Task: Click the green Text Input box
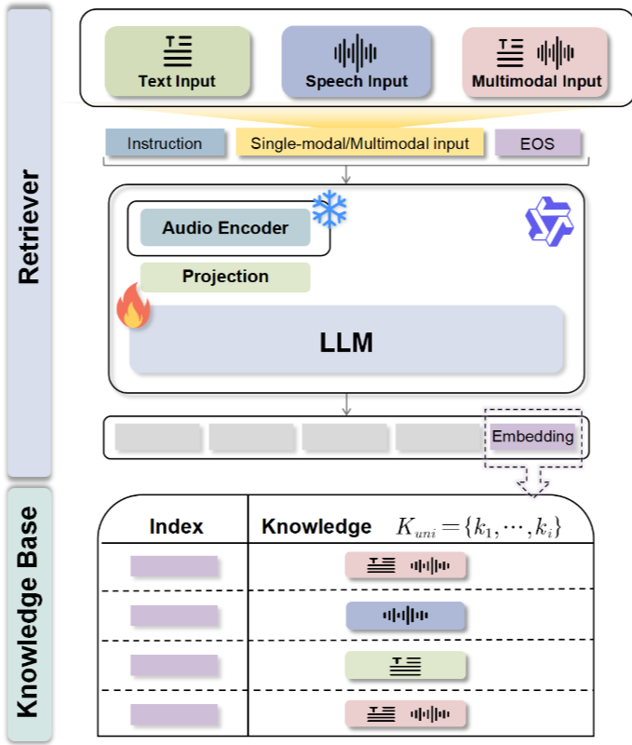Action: [177, 61]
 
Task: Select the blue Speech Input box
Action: [356, 61]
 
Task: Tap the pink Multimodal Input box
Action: [535, 62]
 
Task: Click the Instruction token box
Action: [165, 142]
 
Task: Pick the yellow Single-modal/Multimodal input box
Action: [359, 142]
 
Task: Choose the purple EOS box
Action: [537, 143]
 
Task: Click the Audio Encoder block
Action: [225, 227]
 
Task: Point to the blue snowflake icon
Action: [329, 209]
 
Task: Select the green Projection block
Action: [225, 277]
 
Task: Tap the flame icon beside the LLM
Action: [133, 306]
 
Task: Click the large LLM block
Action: [346, 339]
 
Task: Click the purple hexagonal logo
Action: [549, 222]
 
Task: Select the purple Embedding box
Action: [532, 436]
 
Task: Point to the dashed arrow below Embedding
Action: [532, 481]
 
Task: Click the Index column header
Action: [176, 526]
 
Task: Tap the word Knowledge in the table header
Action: [316, 526]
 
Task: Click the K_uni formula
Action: [478, 527]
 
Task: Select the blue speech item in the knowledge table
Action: [405, 616]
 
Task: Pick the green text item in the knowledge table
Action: [405, 665]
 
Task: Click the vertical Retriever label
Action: [29, 227]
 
